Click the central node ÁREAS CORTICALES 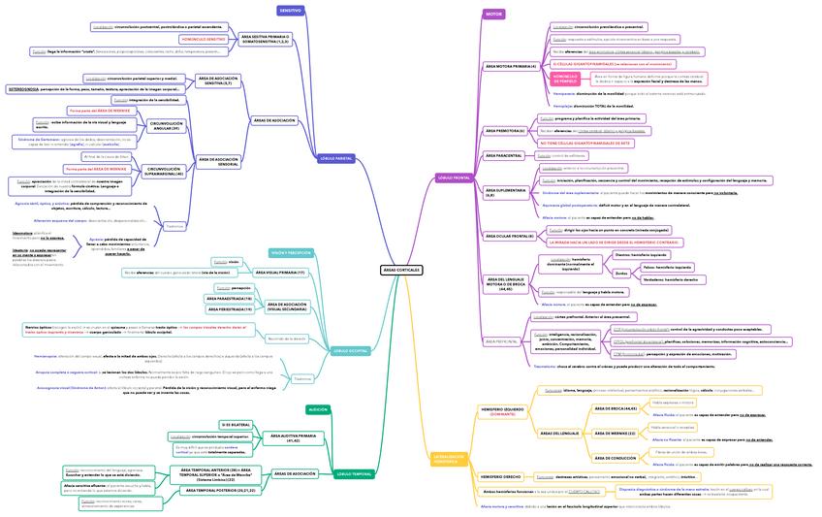tap(400, 269)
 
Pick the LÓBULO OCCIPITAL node tap(350, 350)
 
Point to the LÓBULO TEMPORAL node tap(354, 473)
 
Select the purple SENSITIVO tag tap(291, 11)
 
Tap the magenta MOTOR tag tap(493, 15)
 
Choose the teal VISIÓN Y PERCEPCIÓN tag tap(290, 252)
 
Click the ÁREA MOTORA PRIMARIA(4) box tap(510, 66)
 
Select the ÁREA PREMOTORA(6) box tap(504, 130)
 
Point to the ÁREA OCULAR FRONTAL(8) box tap(509, 236)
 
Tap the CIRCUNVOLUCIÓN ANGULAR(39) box tap(167, 127)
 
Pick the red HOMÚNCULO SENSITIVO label tap(203, 39)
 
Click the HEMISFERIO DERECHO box tap(500, 477)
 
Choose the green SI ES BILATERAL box tap(237, 425)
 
